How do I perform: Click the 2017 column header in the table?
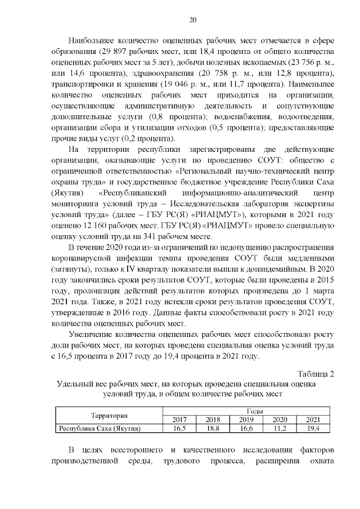[180, 420]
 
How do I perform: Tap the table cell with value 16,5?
[180, 429]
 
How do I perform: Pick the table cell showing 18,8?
[213, 429]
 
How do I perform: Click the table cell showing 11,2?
[280, 429]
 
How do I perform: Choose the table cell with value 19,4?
[313, 429]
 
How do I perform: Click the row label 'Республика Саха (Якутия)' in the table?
[100, 429]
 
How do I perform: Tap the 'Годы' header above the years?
[246, 412]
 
